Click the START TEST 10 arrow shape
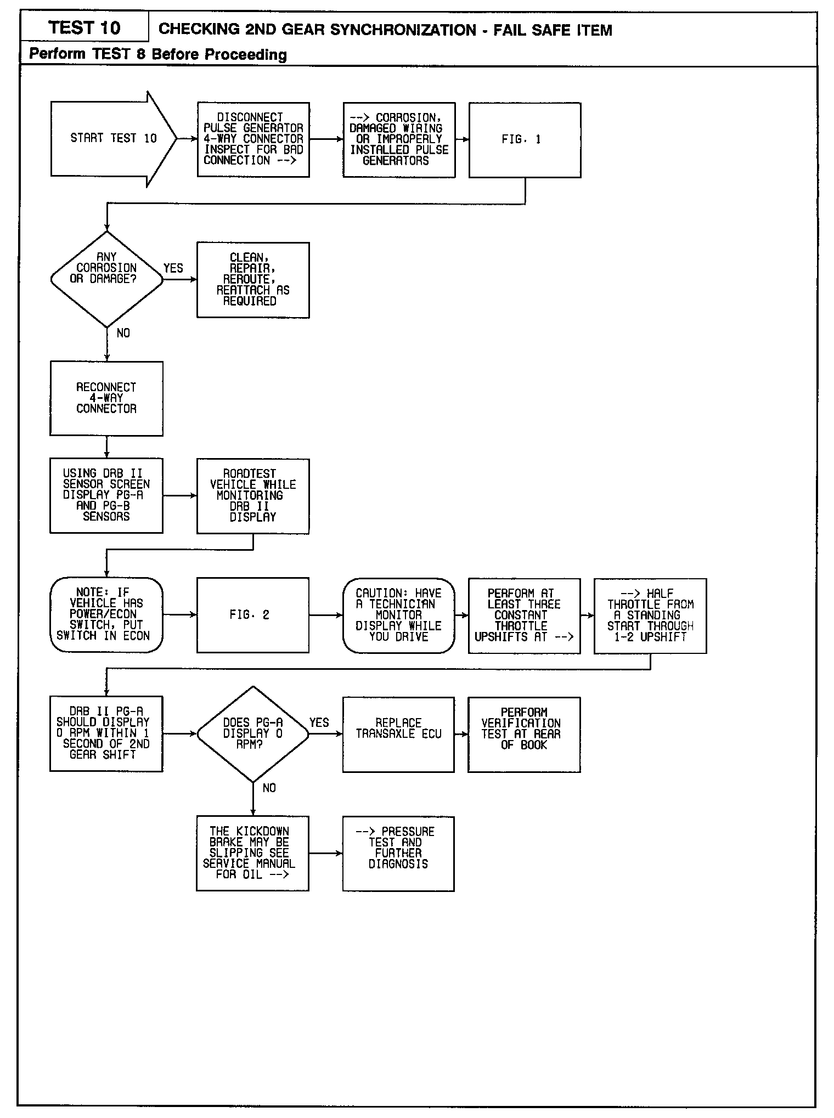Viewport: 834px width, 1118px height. pos(112,139)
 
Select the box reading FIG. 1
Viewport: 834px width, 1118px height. pos(525,140)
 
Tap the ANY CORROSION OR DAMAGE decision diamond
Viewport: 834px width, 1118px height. pos(106,279)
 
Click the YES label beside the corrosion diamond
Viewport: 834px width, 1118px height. pos(173,268)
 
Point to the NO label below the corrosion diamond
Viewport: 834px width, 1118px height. pos(123,333)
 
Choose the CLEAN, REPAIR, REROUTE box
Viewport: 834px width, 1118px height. pos(253,280)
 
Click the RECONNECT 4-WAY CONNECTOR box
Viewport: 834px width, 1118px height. pos(106,398)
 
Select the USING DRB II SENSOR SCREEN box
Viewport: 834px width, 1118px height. pos(106,495)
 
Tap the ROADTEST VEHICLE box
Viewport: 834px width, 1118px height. pos(253,496)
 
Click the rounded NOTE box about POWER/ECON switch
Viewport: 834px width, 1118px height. pos(106,614)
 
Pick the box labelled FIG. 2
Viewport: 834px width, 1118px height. pos(253,615)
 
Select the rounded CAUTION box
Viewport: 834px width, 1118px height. pos(399,615)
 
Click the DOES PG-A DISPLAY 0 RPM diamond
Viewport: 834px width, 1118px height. pos(253,733)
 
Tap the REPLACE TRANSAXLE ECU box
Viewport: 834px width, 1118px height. pos(399,734)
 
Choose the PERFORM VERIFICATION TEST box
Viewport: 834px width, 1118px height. pos(524,734)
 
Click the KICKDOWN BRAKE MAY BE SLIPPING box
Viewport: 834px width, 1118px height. pos(252,853)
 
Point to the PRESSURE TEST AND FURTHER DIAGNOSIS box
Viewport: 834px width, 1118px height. pos(399,853)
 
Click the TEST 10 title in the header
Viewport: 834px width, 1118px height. pos(84,27)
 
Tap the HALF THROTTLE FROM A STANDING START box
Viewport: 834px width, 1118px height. pos(650,616)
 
